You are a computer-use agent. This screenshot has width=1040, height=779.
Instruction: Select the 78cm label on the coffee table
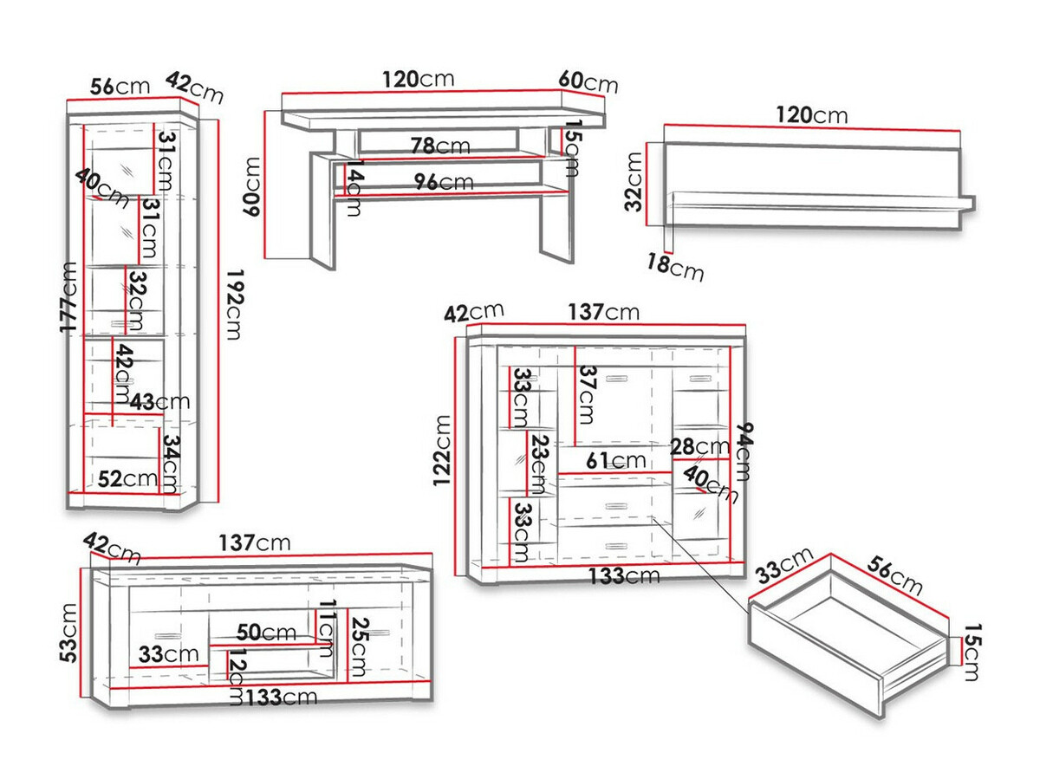[x=439, y=146]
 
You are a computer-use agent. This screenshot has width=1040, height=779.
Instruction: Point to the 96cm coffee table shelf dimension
[x=443, y=182]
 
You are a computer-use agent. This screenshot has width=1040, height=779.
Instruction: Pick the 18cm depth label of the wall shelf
[x=675, y=266]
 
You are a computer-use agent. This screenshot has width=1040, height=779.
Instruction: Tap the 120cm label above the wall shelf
[x=811, y=114]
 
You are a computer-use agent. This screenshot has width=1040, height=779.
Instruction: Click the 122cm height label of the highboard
[x=443, y=451]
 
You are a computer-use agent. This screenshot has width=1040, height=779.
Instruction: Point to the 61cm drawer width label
[x=616, y=460]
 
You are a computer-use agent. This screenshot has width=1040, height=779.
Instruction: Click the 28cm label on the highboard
[x=700, y=447]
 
